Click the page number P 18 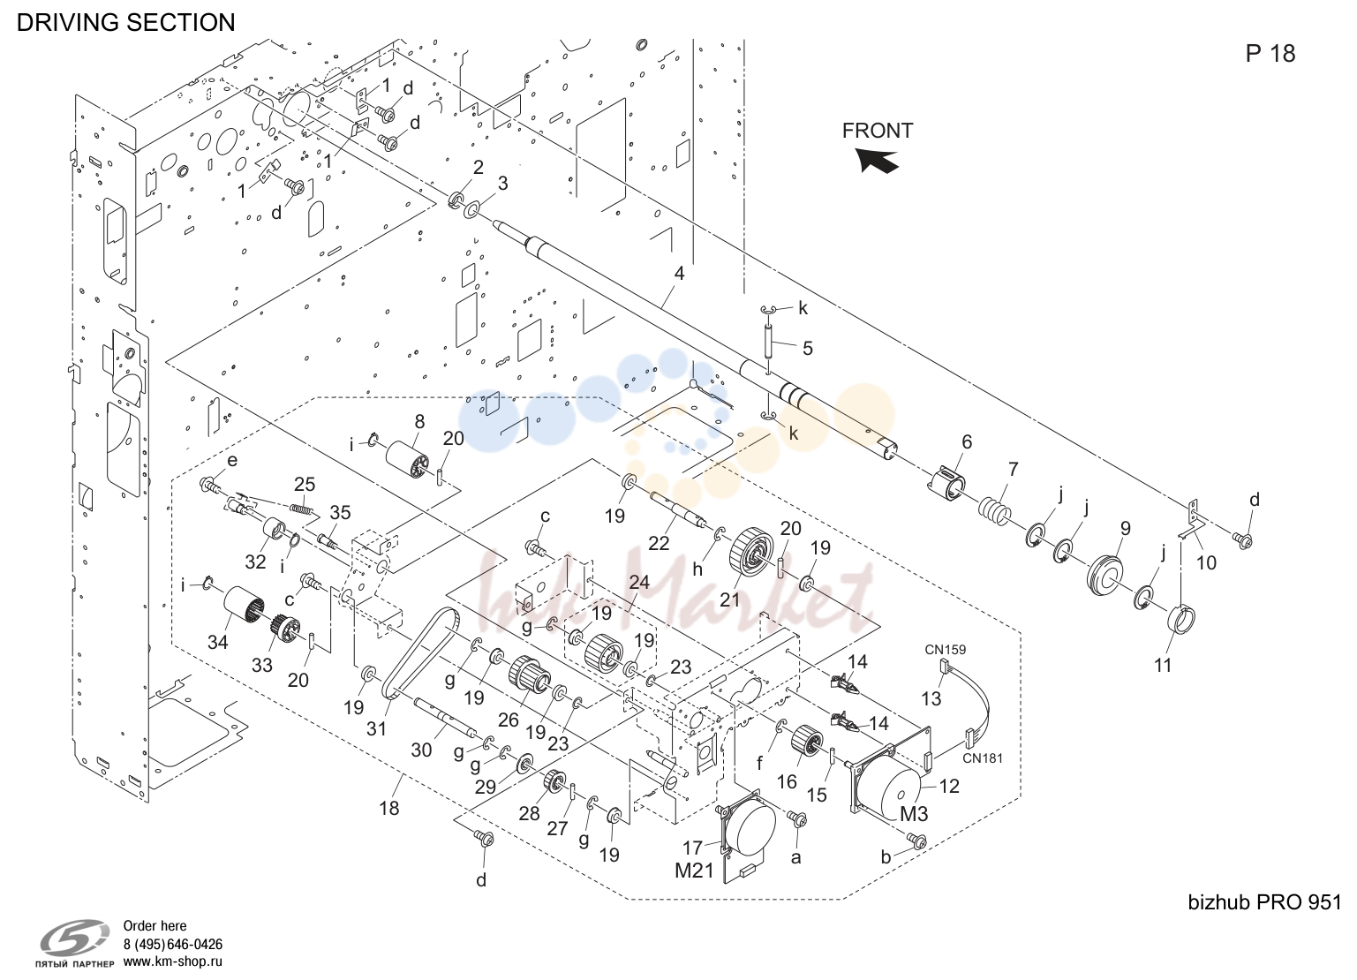(1270, 53)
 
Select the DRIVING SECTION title (126, 22)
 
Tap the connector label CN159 (945, 649)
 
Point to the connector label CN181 (983, 758)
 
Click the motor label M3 (914, 814)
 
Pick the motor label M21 (694, 871)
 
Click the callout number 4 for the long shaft (679, 274)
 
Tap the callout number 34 (217, 642)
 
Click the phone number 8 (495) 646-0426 (173, 945)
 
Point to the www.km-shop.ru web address (173, 962)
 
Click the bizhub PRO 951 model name (1264, 902)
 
